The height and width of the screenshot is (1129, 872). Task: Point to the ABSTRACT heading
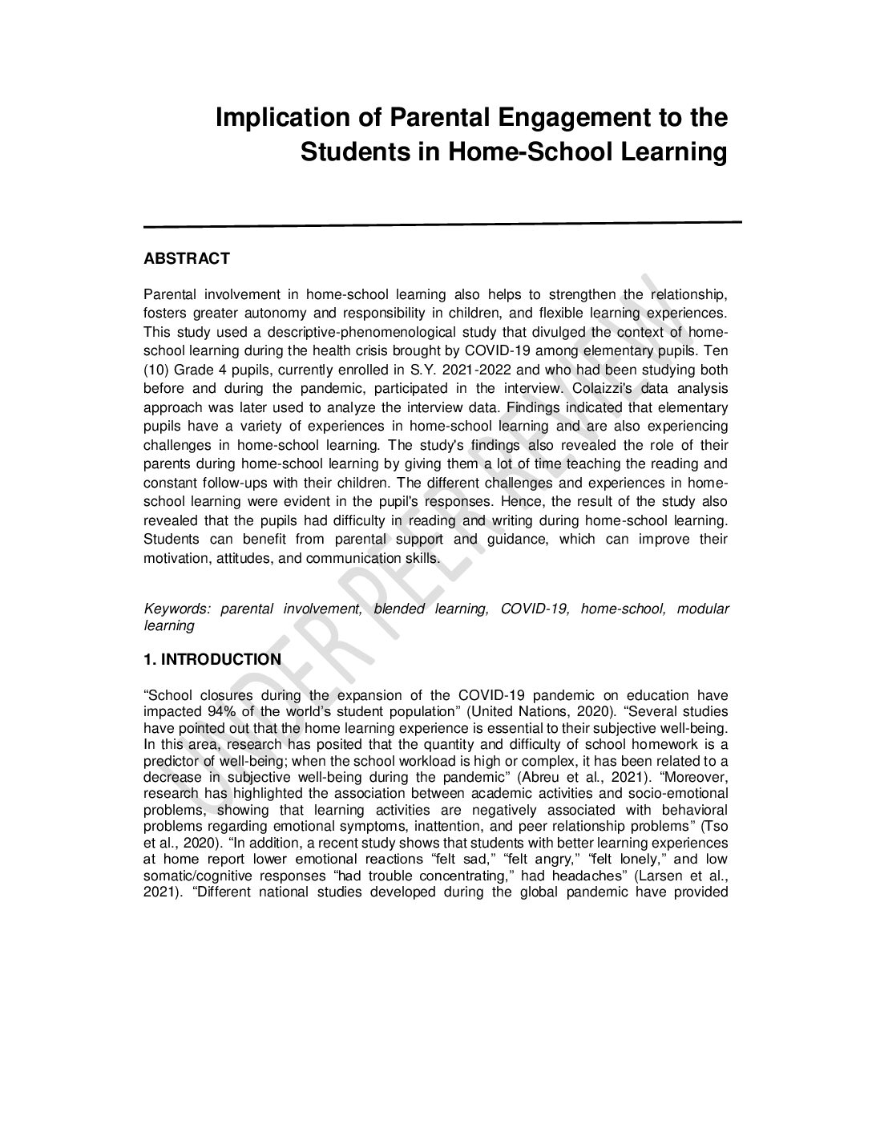point(186,259)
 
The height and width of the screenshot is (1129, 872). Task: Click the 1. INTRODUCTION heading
point(212,660)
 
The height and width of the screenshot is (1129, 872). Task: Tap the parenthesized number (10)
point(156,370)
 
